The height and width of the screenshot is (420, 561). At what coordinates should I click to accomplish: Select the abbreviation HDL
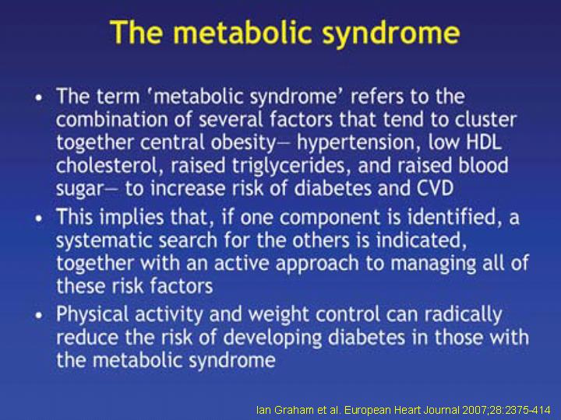tap(483, 142)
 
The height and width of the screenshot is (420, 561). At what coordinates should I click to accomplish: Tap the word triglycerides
tap(291, 166)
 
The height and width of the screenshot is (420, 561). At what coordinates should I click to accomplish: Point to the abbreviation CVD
tap(436, 187)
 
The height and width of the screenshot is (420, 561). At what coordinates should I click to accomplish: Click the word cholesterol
tap(107, 166)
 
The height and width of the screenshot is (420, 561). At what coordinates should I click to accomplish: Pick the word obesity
tap(243, 143)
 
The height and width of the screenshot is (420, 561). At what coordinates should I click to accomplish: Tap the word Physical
tap(92, 315)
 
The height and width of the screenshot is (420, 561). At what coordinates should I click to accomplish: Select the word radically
tap(464, 315)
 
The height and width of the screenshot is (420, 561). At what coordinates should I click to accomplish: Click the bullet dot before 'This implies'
tap(39, 219)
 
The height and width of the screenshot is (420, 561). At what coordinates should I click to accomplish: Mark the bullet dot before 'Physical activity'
tap(39, 316)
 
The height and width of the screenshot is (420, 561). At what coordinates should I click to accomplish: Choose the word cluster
tap(485, 120)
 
